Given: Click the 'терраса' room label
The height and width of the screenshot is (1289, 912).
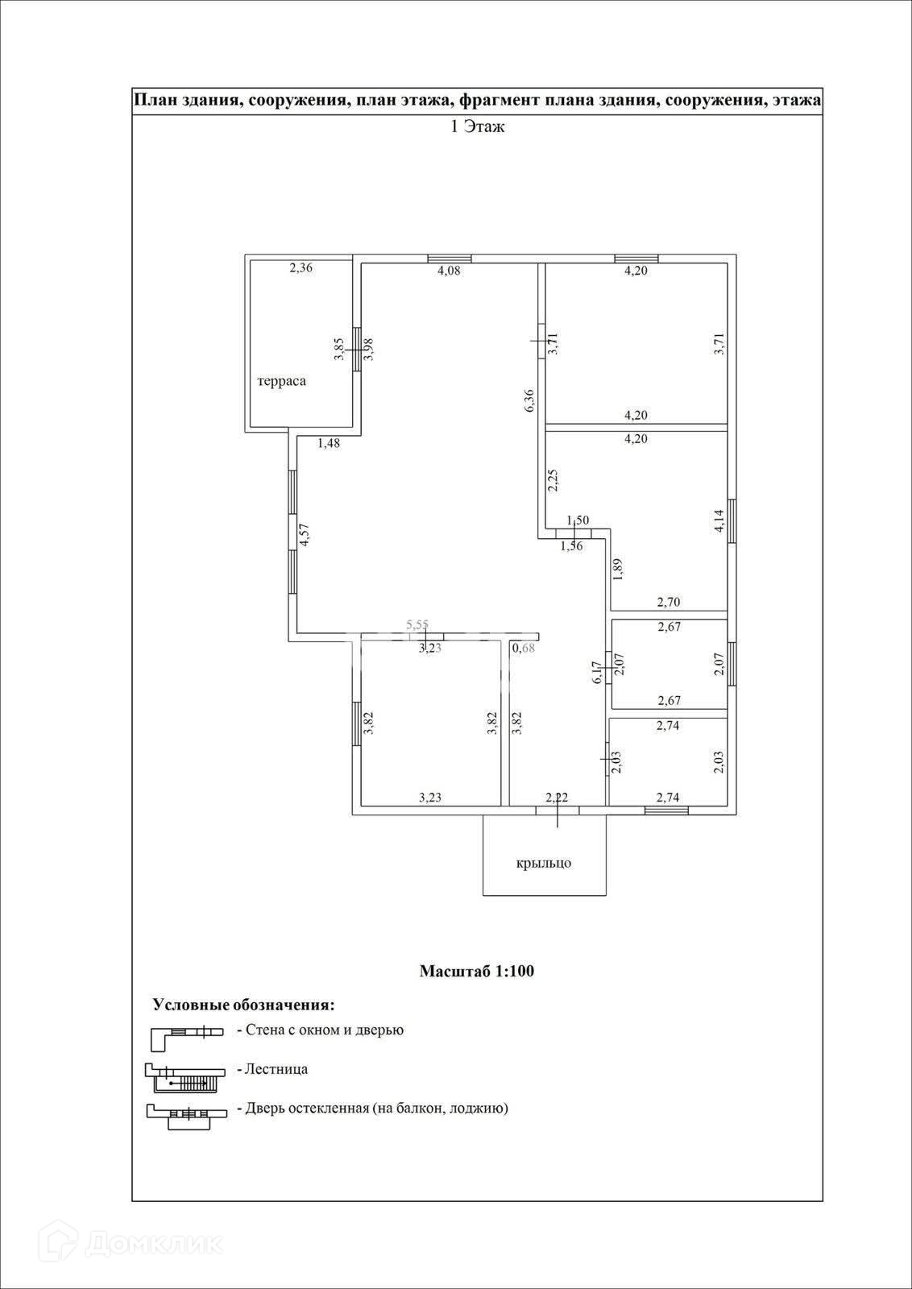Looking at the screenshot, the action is tap(281, 381).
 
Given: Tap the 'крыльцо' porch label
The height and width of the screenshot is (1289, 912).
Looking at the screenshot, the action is tap(544, 864).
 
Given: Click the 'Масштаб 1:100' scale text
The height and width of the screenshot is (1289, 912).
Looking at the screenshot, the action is tap(477, 971).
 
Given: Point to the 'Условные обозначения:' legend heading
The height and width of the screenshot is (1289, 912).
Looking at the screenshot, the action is tap(243, 1005).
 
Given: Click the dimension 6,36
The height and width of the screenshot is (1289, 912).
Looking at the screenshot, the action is tap(529, 401).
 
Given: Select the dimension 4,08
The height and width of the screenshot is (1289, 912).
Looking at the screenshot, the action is tap(449, 271).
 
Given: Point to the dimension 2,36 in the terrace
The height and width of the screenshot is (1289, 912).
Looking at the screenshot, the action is tap(301, 268).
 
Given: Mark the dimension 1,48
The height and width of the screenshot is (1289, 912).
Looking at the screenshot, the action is tap(329, 442).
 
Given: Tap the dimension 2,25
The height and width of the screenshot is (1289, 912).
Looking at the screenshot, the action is tap(553, 481).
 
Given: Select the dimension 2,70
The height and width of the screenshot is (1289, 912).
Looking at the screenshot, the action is tap(669, 601).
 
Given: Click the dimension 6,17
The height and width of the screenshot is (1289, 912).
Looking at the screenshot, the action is tap(597, 673).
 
